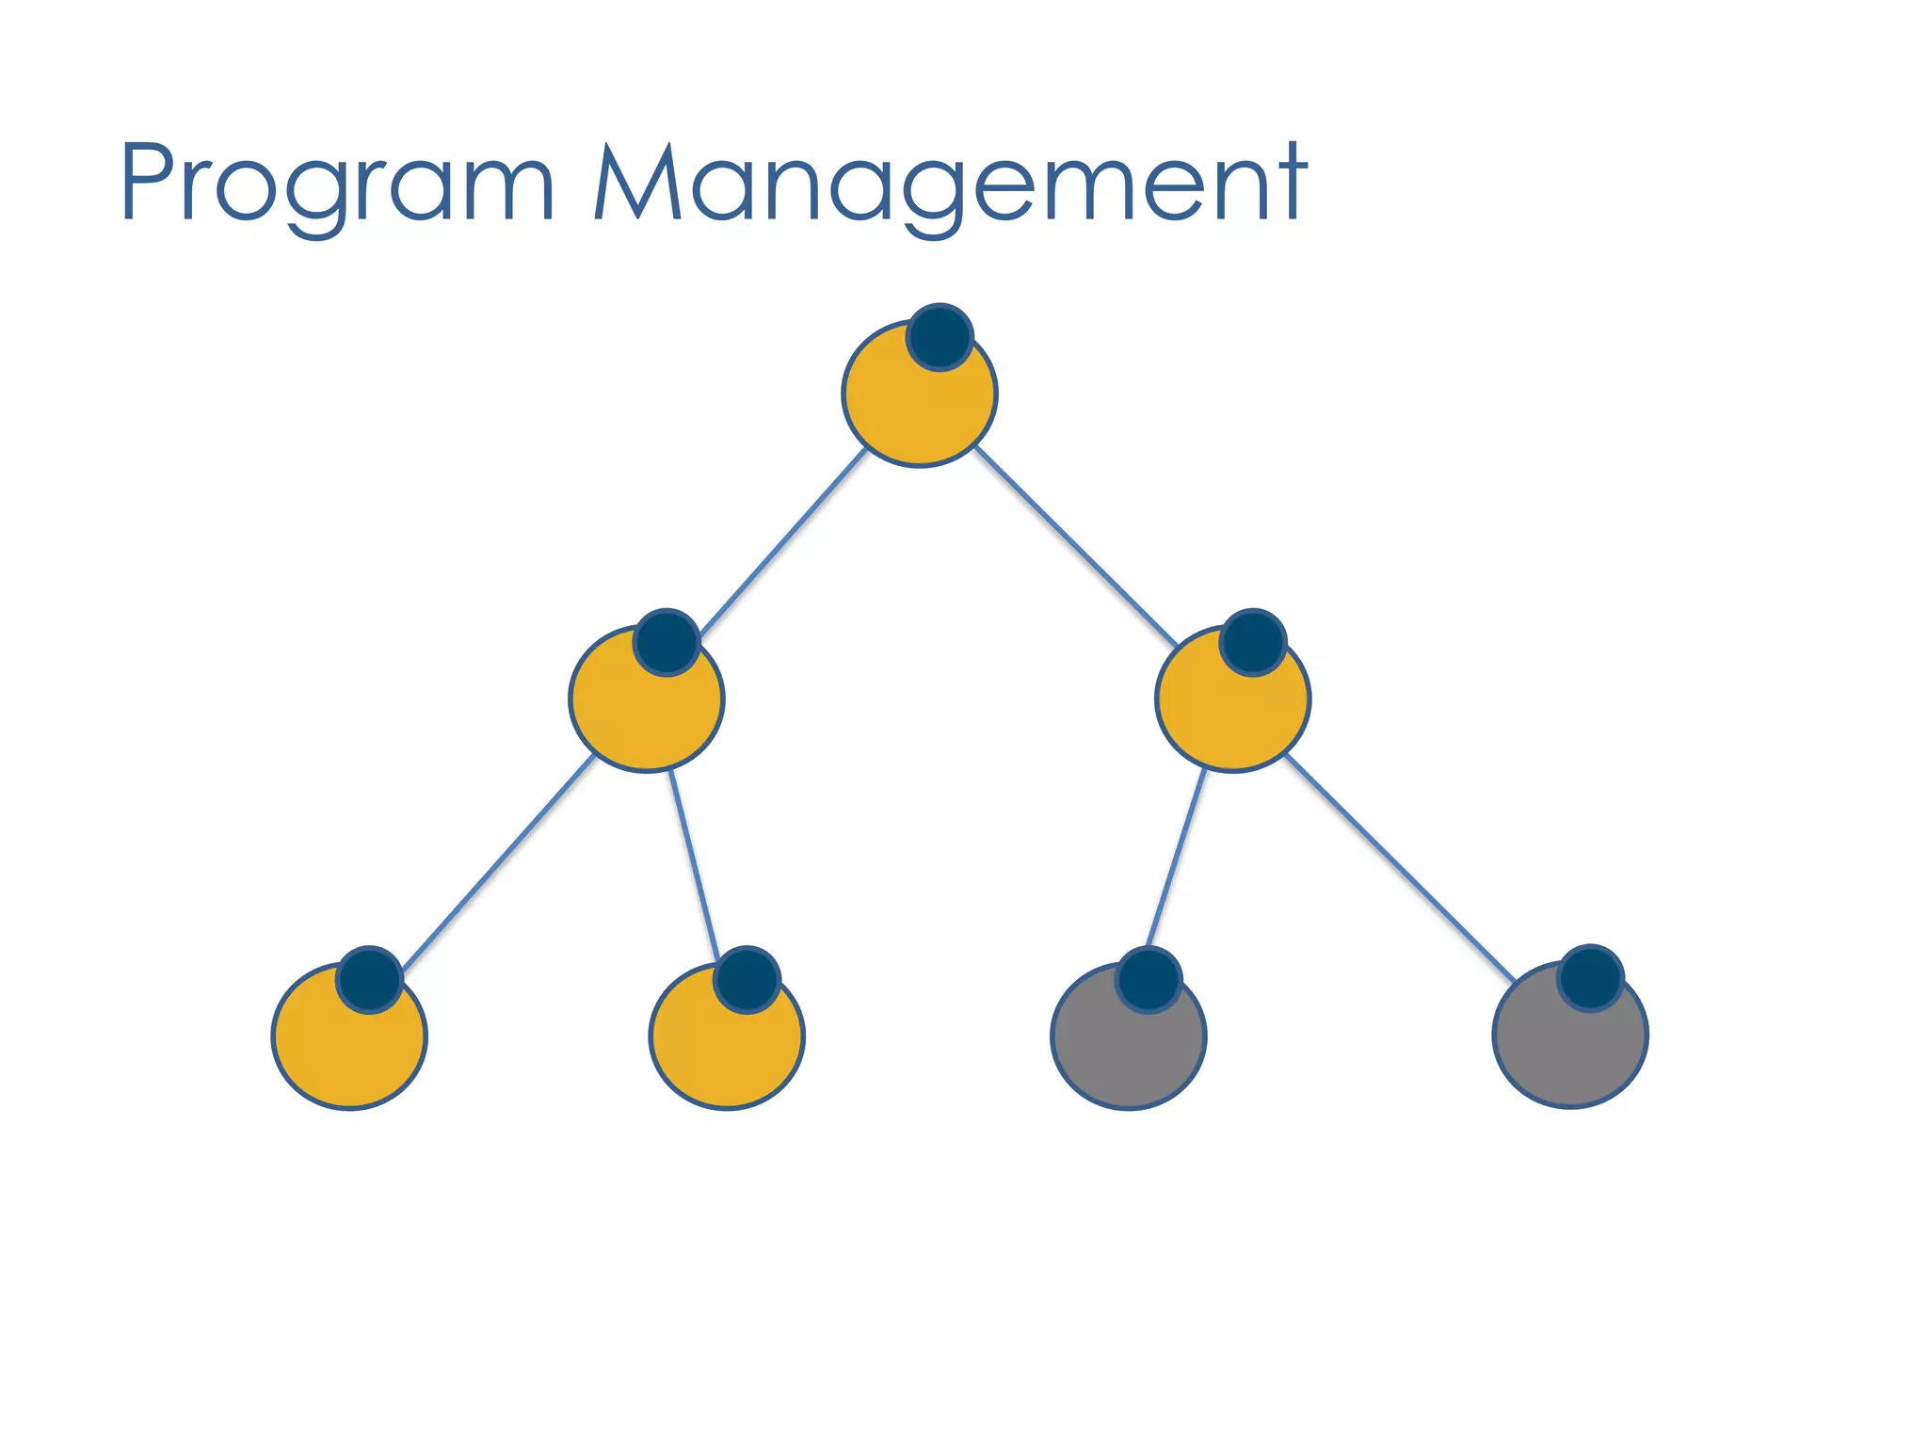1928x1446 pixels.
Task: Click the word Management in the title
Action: pos(951,184)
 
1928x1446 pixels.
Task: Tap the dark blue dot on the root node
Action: pos(940,337)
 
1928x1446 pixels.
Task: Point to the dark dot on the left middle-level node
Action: pos(667,642)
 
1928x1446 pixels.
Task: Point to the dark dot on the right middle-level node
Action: pos(1253,642)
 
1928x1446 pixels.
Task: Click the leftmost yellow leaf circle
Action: pos(344,1050)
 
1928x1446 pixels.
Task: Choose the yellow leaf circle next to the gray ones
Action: pos(721,1050)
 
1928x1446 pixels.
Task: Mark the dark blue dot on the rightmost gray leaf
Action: pos(1590,978)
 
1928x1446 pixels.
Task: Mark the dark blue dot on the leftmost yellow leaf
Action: pos(370,980)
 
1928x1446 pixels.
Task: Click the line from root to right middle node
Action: pos(1075,546)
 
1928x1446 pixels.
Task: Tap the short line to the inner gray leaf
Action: pos(1176,859)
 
